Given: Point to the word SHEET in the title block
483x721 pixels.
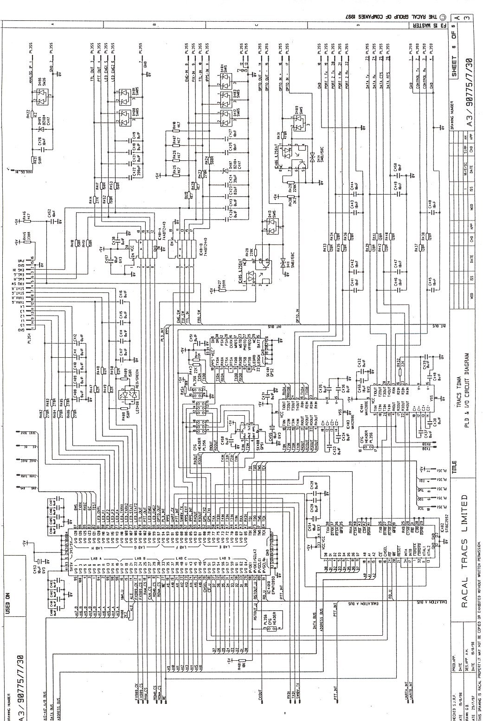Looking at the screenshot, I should [454, 67].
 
